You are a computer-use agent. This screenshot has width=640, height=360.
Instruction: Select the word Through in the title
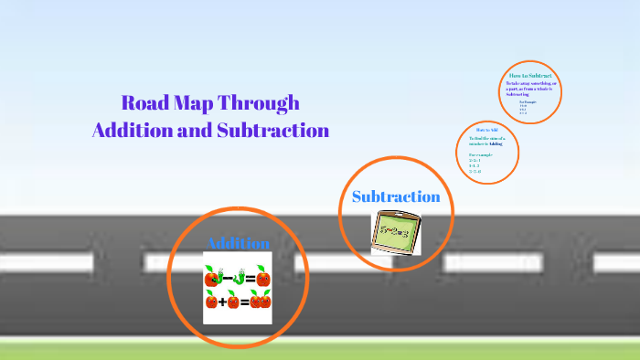pyautogui.click(x=266, y=103)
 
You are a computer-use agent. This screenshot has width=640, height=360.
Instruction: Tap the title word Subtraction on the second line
pyautogui.click(x=272, y=130)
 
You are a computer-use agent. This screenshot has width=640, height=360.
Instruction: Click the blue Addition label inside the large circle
pyautogui.click(x=238, y=243)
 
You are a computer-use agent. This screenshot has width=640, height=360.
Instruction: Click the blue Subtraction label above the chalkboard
pyautogui.click(x=396, y=196)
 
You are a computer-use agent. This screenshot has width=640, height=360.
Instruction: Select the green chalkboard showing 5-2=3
pyautogui.click(x=395, y=232)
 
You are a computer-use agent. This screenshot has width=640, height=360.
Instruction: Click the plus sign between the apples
pyautogui.click(x=222, y=302)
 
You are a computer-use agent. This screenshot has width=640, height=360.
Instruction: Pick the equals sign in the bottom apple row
pyautogui.click(x=244, y=302)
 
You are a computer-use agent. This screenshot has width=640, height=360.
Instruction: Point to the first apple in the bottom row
pyautogui.click(x=211, y=302)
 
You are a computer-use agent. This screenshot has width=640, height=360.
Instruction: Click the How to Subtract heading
pyautogui.click(x=530, y=75)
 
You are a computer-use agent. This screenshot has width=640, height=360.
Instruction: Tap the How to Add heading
pyautogui.click(x=486, y=131)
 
